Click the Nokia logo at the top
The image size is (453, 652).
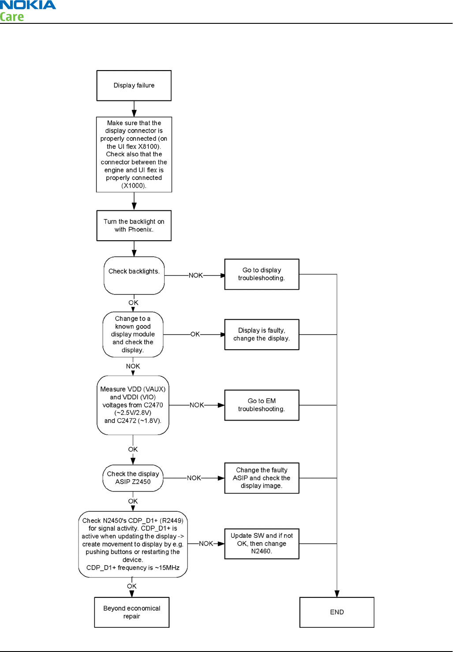(28, 5)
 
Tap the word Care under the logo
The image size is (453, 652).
(11, 17)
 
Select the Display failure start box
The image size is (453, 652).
(134, 86)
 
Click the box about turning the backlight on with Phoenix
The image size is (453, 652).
(134, 226)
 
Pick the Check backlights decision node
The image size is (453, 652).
(134, 276)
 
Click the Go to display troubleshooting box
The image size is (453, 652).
(262, 274)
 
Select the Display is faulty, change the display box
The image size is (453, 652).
(262, 335)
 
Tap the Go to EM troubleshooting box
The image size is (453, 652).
(262, 405)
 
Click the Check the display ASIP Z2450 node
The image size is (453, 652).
(133, 478)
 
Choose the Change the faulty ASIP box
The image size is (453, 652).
(262, 478)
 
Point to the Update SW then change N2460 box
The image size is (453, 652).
(262, 544)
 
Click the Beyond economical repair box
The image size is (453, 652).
(132, 612)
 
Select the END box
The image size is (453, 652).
(337, 612)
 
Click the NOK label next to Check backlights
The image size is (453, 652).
(195, 276)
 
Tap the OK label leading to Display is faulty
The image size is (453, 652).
(195, 334)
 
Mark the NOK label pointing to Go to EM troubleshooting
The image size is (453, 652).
(197, 405)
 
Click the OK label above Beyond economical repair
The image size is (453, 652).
(132, 586)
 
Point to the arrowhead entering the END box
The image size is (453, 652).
(337, 593)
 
